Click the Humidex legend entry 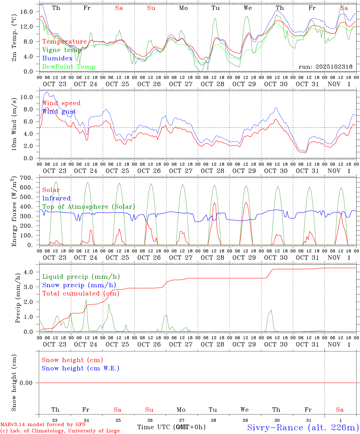click(x=57, y=58)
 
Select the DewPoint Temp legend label click(x=69, y=67)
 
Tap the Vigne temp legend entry click(x=62, y=50)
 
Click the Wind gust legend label click(x=59, y=112)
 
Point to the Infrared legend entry click(x=56, y=198)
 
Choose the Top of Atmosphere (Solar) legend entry click(x=89, y=207)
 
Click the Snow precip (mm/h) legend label click(x=79, y=285)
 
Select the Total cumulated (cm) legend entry click(x=81, y=294)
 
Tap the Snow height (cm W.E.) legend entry click(x=81, y=368)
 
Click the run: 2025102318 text click(x=325, y=67)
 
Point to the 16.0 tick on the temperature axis click(x=27, y=11)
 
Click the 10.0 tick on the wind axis click(x=27, y=97)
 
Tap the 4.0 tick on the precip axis click(x=28, y=272)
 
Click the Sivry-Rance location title click(x=303, y=427)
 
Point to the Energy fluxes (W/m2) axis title click(x=14, y=212)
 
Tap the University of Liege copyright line click(x=60, y=431)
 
